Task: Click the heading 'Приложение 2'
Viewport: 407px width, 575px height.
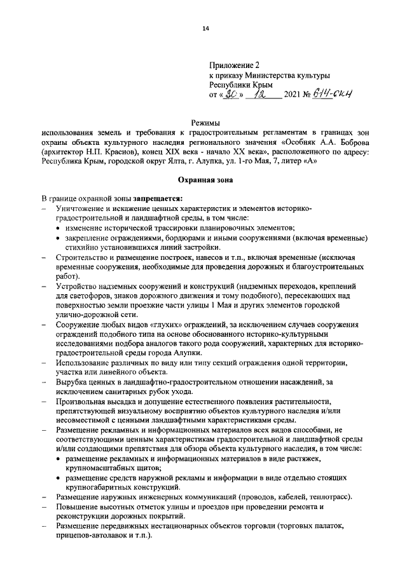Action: point(235,65)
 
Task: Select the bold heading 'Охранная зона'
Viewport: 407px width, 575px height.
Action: point(205,180)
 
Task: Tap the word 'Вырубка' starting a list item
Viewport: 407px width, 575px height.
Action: point(72,381)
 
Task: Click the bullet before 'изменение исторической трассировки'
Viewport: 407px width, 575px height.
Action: point(59,228)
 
